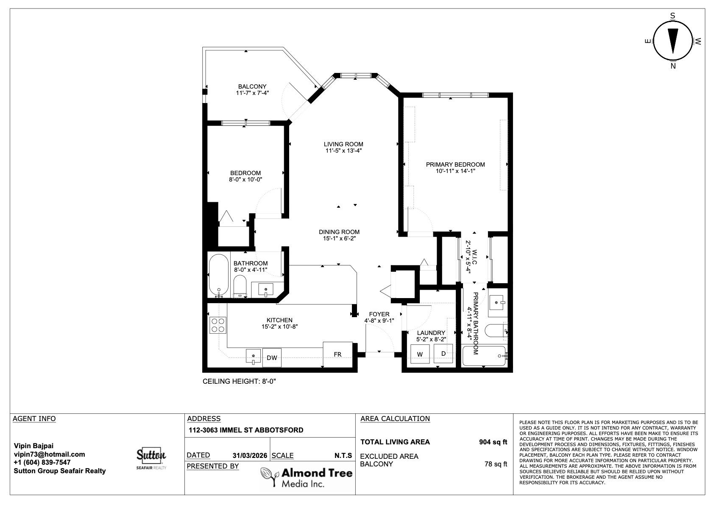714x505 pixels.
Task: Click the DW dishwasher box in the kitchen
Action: (x=272, y=358)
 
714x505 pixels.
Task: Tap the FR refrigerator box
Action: (x=338, y=354)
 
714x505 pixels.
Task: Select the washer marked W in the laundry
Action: (x=420, y=354)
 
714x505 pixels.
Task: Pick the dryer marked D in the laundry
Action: (x=443, y=354)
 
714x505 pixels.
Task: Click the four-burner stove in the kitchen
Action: (x=218, y=325)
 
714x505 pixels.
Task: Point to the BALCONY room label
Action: (x=252, y=86)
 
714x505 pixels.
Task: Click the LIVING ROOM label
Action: (x=343, y=144)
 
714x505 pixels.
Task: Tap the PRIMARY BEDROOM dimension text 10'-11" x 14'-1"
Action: (x=455, y=171)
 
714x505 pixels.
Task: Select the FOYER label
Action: (x=379, y=314)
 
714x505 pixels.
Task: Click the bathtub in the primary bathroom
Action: (x=484, y=356)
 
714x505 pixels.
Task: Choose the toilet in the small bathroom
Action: (x=240, y=286)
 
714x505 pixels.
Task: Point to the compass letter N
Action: (x=673, y=66)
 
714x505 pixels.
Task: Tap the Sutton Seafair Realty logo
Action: (x=151, y=458)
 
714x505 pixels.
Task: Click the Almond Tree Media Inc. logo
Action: (x=307, y=477)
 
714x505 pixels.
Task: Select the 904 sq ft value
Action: (x=493, y=442)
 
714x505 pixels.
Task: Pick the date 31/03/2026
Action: (x=250, y=455)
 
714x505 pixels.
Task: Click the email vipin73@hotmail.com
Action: (x=50, y=454)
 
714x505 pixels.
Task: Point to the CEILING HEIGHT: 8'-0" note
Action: (x=239, y=381)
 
